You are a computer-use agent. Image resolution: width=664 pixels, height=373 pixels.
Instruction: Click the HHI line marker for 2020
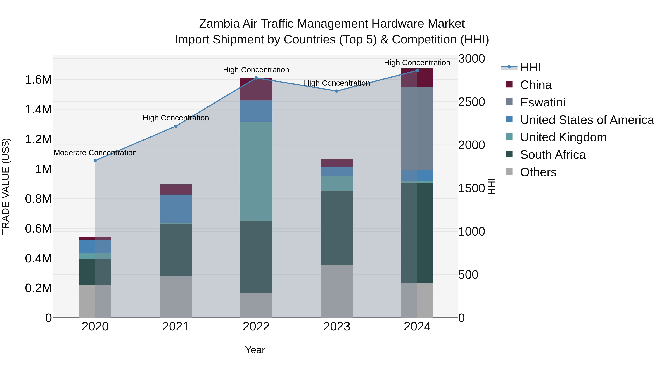[x=95, y=160]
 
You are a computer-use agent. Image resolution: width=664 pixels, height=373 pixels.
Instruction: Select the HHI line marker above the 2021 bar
[x=176, y=126]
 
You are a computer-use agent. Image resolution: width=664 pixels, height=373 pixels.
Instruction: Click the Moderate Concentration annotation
[x=95, y=153]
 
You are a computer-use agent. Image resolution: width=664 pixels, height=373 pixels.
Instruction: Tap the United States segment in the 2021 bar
[x=176, y=208]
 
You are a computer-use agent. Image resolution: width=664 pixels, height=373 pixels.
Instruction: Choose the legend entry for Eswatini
[x=543, y=102]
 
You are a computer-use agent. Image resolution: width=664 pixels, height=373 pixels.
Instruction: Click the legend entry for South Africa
[x=553, y=155]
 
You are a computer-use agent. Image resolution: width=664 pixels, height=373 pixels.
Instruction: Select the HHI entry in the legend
[x=530, y=67]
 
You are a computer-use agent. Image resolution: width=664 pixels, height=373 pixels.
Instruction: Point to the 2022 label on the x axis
[x=256, y=327]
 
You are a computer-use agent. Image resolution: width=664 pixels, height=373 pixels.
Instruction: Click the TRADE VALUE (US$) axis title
[x=6, y=186]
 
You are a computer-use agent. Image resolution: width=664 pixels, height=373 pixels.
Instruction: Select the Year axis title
[x=255, y=350]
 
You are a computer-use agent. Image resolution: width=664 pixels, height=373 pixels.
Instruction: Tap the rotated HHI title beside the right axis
[x=492, y=186]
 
